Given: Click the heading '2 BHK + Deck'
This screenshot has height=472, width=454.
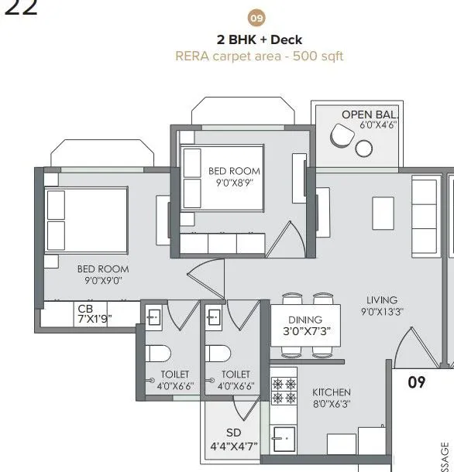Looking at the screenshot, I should click(x=260, y=39).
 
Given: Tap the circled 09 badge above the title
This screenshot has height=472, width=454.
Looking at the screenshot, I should click(x=255, y=17).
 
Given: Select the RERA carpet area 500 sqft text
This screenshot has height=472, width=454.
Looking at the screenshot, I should click(x=259, y=56).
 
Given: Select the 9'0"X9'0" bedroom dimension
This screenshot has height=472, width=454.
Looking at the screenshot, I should click(x=102, y=281).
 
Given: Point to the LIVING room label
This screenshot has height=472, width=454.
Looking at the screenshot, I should click(x=382, y=300).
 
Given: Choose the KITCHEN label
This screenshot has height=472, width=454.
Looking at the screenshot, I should click(x=331, y=392).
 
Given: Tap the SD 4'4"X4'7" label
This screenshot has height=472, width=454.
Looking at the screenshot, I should click(x=233, y=440).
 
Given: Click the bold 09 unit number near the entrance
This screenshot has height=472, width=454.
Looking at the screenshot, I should click(x=417, y=381).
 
